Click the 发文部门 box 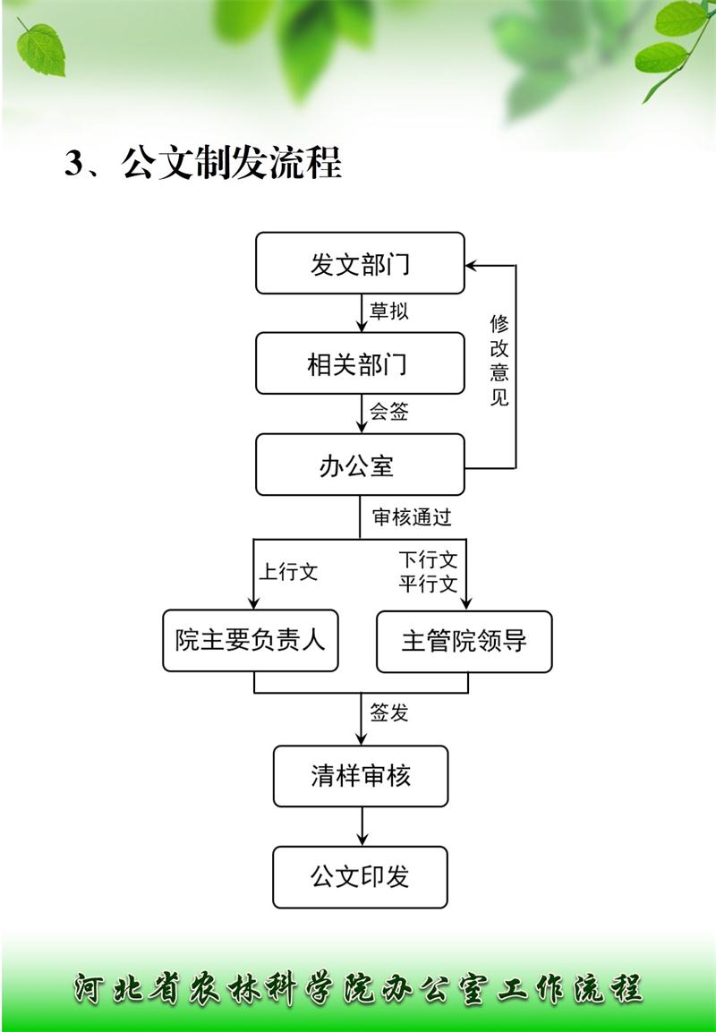pos(360,263)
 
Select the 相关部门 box pos(360,363)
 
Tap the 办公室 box pos(360,465)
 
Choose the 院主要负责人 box pos(251,640)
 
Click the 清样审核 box pos(361,776)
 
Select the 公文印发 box pos(361,877)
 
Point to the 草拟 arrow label pos(389,310)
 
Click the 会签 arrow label pos(389,412)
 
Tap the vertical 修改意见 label pos(499,361)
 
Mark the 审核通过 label pos(412,517)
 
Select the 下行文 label pos(429,560)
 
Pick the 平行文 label pos(429,584)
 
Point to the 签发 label pos(389,712)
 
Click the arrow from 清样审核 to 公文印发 pos(362,827)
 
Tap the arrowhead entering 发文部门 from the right pos(471,266)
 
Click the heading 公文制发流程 pos(232,162)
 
